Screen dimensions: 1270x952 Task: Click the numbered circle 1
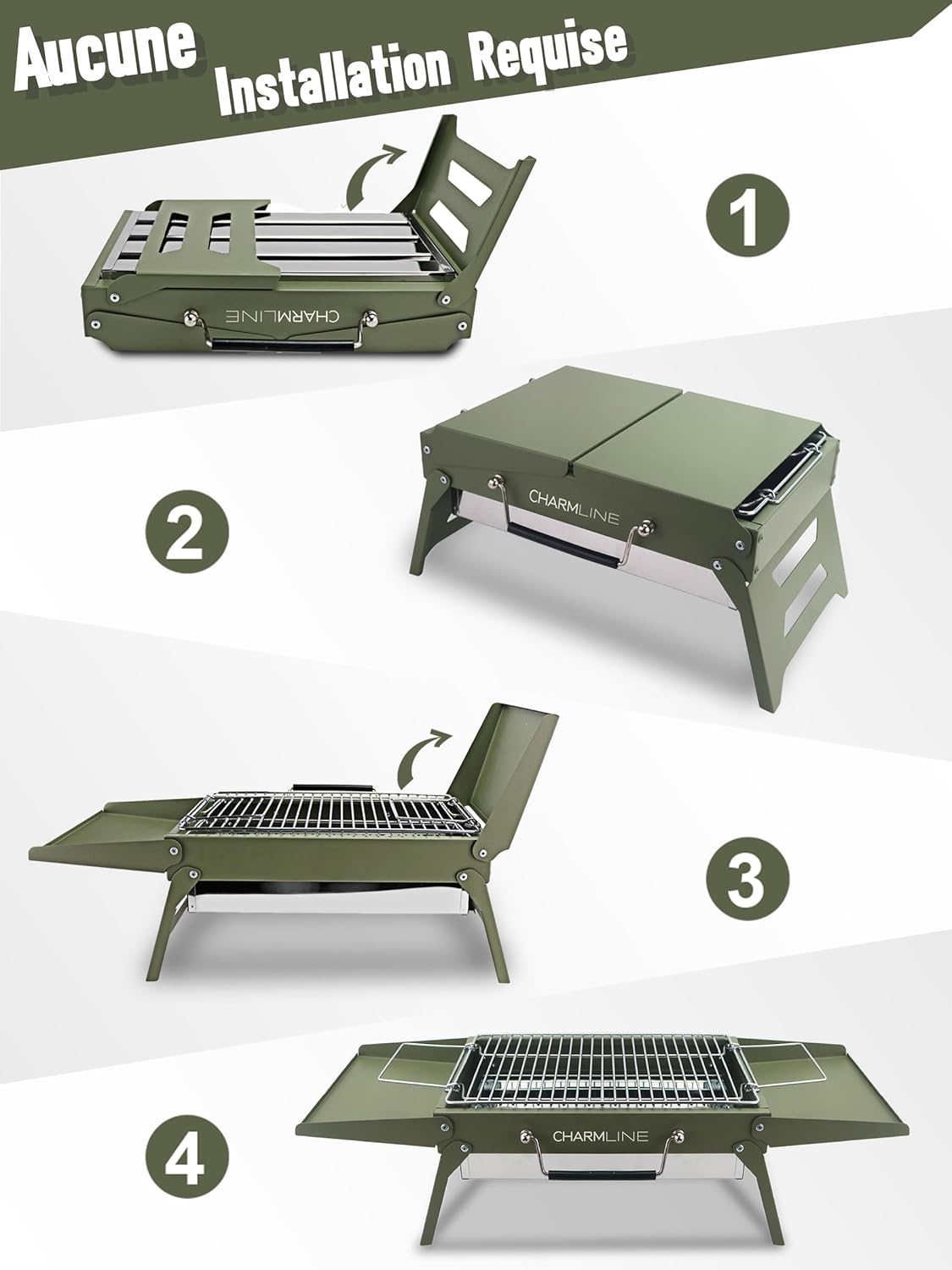pos(747,213)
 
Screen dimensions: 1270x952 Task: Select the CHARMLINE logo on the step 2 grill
pos(574,506)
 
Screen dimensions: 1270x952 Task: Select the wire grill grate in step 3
pos(330,813)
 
